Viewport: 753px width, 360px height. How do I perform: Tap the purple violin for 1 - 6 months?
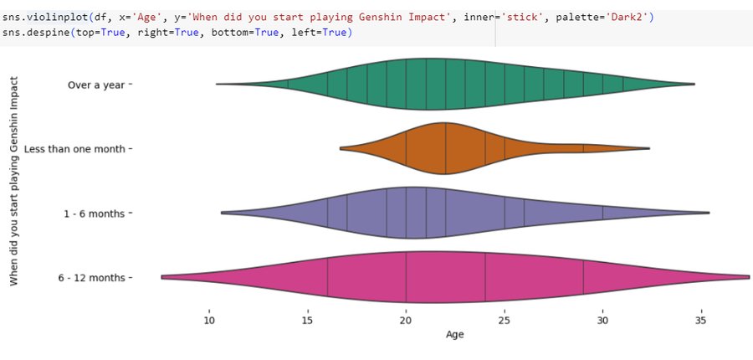(x=418, y=213)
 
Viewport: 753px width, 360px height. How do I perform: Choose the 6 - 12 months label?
(x=95, y=278)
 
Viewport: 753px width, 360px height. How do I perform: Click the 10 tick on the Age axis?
(x=209, y=319)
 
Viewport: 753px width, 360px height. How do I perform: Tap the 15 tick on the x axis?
(x=307, y=319)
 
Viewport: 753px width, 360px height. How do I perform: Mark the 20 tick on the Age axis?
(x=406, y=319)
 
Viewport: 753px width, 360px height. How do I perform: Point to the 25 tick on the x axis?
(x=505, y=319)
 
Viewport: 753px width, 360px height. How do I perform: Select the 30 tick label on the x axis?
(x=602, y=319)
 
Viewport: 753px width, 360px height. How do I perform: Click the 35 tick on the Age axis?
(x=701, y=319)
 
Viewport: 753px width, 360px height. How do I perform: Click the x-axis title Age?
(x=454, y=335)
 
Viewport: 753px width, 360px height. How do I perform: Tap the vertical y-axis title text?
(x=14, y=181)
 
